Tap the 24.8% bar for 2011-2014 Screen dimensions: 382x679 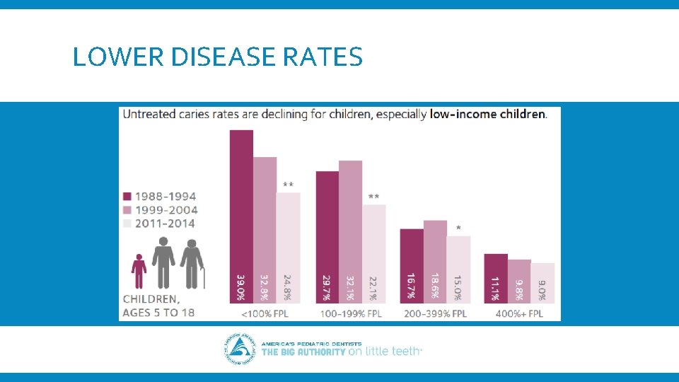288,248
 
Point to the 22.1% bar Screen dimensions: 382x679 374,255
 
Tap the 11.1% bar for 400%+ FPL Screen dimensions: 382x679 496,279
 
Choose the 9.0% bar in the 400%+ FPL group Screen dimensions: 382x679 542,284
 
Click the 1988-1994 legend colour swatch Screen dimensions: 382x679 127,197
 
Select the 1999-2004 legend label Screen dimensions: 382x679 166,210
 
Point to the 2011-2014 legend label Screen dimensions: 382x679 166,224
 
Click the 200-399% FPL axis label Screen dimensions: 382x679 436,313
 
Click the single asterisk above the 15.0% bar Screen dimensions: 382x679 459,228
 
